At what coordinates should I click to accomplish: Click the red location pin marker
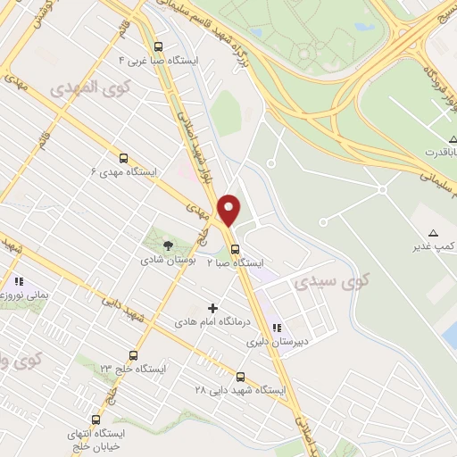(x=229, y=210)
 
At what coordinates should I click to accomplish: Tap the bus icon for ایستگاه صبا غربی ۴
(x=159, y=47)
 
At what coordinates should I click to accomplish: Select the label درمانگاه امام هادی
(x=212, y=320)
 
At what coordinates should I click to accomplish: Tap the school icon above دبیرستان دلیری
(x=278, y=328)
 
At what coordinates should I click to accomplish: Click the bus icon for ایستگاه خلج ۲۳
(x=133, y=355)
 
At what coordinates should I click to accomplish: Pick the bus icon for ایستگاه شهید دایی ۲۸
(x=240, y=377)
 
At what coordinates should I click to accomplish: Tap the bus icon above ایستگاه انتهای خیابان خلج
(x=96, y=420)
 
